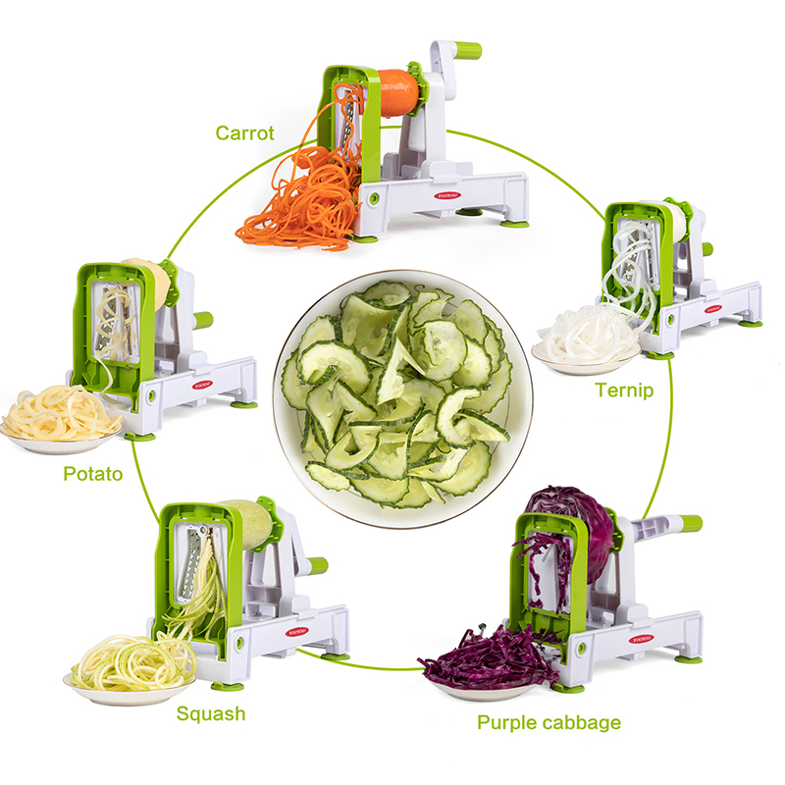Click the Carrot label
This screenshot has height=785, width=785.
[x=244, y=133]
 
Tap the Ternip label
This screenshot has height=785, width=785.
[x=624, y=390]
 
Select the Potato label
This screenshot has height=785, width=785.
[x=93, y=474]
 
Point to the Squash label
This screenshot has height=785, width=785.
[x=211, y=714]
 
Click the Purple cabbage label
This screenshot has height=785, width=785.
[x=549, y=722]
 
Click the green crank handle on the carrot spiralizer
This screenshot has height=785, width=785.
[x=468, y=50]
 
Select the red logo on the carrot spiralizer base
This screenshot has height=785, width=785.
[x=446, y=195]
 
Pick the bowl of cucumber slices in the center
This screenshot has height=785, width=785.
[x=402, y=399]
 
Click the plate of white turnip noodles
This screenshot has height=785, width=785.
[x=587, y=340]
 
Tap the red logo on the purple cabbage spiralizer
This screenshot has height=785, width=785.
[x=642, y=639]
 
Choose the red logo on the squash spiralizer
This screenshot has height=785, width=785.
[x=297, y=632]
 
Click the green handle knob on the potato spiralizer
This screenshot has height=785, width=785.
[x=203, y=321]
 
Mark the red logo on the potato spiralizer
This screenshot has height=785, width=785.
[x=203, y=385]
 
